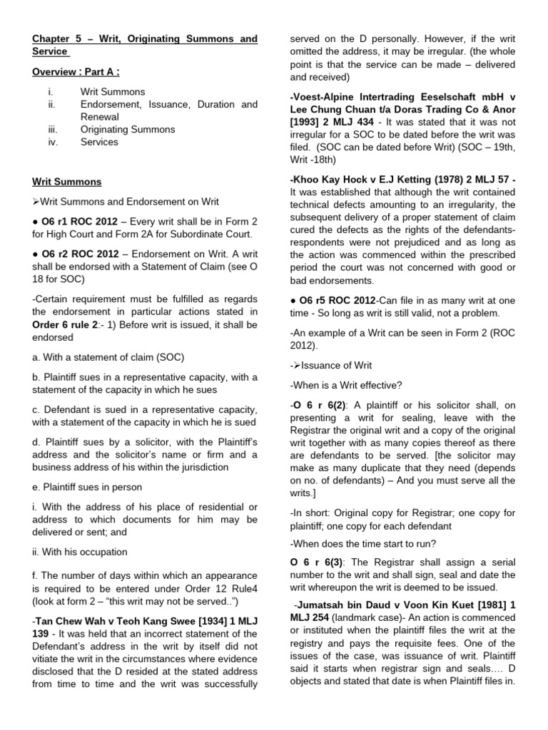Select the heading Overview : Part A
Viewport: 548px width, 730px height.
tap(75, 72)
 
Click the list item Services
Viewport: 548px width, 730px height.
tap(99, 142)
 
